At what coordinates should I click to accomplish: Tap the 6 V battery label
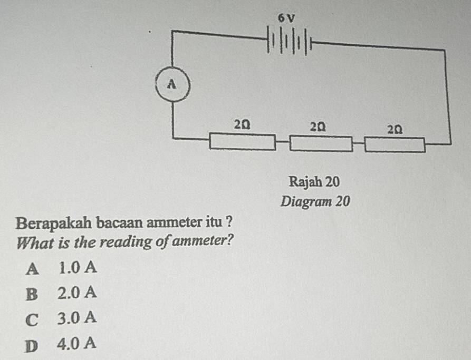click(286, 18)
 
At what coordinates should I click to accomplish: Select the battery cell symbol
click(289, 41)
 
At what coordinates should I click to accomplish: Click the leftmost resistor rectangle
click(243, 142)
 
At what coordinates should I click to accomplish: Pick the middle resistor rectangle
click(321, 143)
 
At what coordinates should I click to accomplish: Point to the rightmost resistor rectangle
click(395, 145)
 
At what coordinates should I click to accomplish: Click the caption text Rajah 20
click(314, 182)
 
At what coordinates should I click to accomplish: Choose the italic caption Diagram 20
click(315, 202)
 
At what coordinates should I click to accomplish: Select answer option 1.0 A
click(78, 267)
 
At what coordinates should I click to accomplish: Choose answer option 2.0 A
click(77, 293)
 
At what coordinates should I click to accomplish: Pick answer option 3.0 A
click(77, 318)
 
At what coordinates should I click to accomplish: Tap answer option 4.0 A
click(76, 343)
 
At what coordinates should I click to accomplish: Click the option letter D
click(32, 346)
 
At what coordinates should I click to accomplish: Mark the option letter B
click(32, 295)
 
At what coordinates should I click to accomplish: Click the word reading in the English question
click(126, 242)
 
